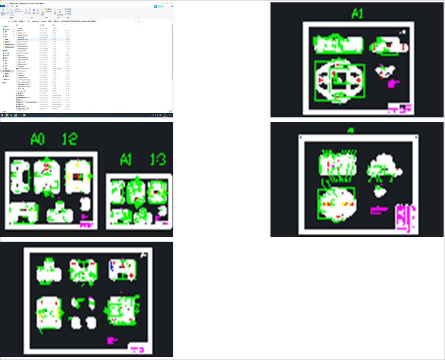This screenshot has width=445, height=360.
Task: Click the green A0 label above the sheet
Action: [x=38, y=139]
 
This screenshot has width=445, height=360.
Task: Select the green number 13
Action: [x=158, y=160]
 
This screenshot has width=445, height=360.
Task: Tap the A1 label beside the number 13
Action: [x=126, y=160]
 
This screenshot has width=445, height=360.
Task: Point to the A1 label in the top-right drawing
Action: [x=357, y=13]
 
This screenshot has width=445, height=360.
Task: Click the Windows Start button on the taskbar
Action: [x=2, y=115]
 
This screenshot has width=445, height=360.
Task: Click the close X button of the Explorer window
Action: [x=171, y=3]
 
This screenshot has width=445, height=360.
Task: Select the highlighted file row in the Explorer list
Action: [x=40, y=39]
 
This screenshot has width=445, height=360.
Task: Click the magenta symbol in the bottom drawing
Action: [x=112, y=340]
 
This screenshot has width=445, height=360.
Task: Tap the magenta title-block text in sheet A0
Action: [x=86, y=225]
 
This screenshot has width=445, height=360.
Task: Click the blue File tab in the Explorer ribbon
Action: [x=2, y=6]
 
